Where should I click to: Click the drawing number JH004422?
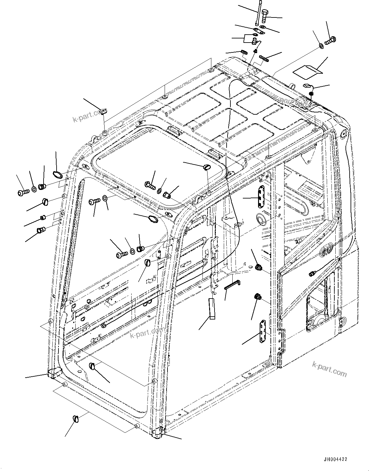(335, 459)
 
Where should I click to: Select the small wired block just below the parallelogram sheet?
(307, 85)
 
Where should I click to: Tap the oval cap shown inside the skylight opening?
(207, 167)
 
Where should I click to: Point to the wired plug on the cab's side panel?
(312, 273)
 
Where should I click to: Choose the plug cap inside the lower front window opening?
(92, 366)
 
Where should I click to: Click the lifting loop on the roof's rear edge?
(293, 85)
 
